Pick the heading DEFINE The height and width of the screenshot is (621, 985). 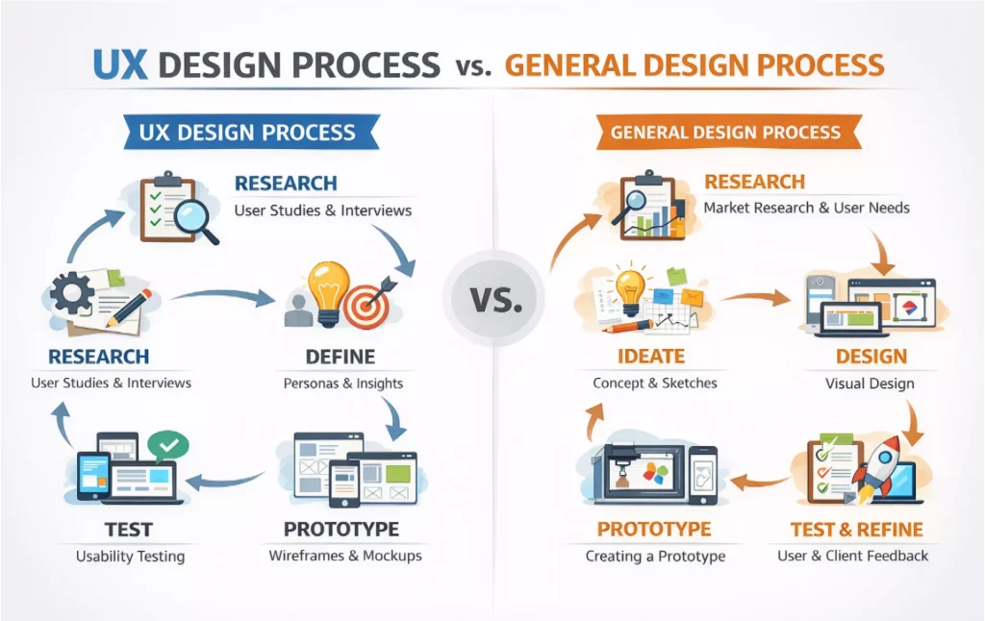(340, 357)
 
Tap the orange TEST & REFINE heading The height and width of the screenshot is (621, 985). (856, 530)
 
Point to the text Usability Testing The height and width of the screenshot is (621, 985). (130, 557)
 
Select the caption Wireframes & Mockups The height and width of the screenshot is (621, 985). (344, 556)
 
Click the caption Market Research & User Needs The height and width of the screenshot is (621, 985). (806, 208)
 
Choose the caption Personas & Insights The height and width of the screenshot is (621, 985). (343, 383)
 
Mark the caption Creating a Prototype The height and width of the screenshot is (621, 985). (655, 556)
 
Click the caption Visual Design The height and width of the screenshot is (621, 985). (870, 383)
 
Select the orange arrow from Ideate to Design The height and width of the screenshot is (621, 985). (756, 299)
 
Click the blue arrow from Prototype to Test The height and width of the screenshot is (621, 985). (224, 478)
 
